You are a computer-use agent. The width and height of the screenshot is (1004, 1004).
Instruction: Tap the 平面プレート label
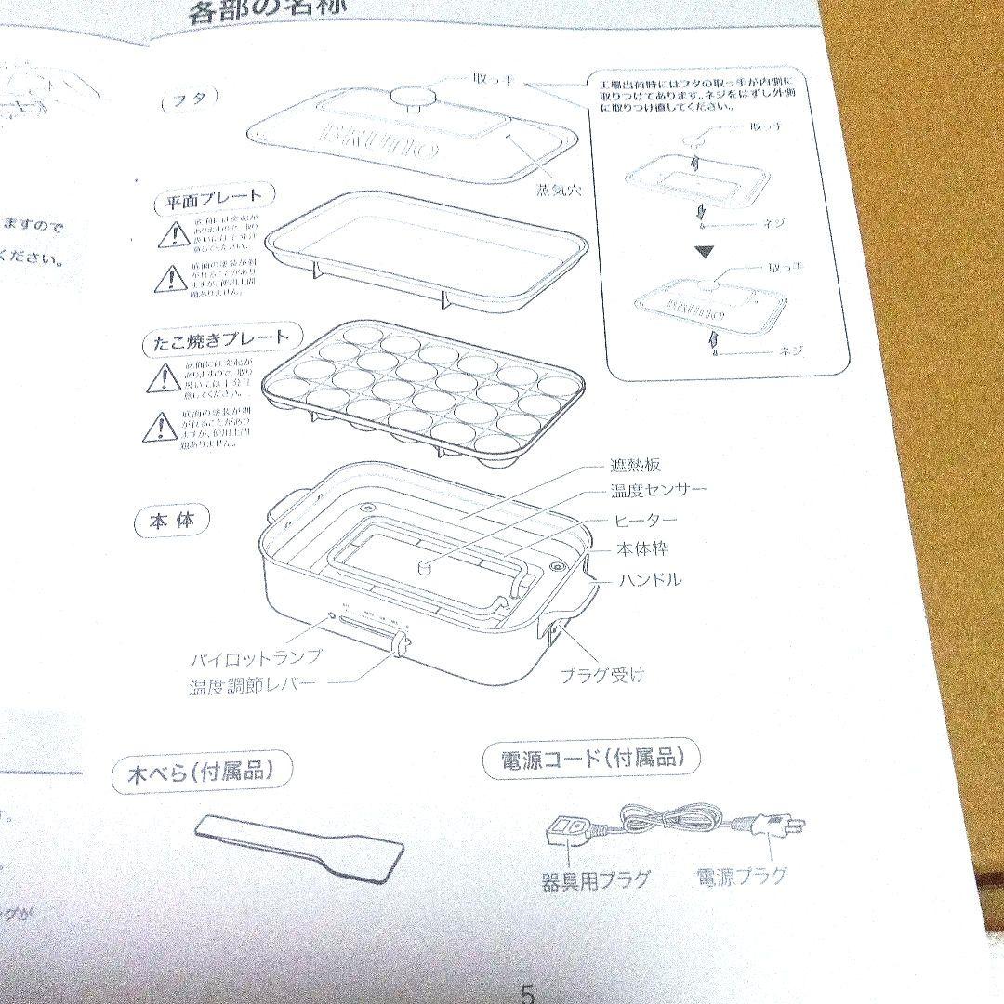pyautogui.click(x=215, y=197)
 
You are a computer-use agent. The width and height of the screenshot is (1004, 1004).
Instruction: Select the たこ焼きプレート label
pyautogui.click(x=217, y=339)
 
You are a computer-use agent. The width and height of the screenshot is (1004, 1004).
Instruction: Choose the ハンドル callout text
pyautogui.click(x=650, y=579)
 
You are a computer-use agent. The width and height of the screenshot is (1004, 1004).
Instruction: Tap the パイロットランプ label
pyautogui.click(x=256, y=657)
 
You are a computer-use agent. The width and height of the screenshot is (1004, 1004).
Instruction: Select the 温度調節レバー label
pyautogui.click(x=251, y=688)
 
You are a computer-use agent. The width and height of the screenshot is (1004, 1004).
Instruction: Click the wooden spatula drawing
pyautogui.click(x=299, y=847)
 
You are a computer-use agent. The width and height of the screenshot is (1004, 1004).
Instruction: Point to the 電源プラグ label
pyautogui.click(x=741, y=875)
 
